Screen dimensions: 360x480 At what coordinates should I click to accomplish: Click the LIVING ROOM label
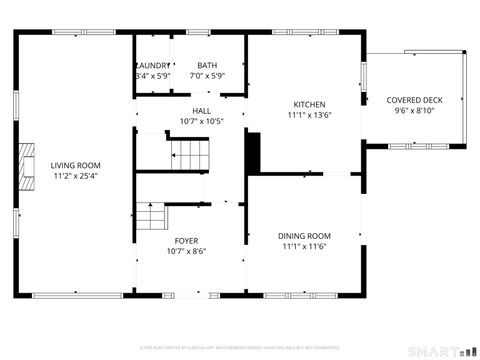75,165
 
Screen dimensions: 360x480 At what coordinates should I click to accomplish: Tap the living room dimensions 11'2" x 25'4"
75,176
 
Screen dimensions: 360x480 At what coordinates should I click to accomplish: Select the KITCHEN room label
309,104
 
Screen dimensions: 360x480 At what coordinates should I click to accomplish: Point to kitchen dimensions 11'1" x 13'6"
309,115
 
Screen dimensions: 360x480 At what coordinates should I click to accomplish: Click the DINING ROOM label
304,236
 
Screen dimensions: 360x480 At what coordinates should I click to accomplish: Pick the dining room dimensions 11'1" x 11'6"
304,247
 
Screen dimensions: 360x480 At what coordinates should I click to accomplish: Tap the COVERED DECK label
414,100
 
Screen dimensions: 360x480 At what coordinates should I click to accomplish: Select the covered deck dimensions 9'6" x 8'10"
414,111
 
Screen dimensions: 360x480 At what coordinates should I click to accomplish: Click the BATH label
207,65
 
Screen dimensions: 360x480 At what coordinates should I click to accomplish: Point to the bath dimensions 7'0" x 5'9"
207,76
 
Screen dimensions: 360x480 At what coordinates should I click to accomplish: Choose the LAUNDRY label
153,65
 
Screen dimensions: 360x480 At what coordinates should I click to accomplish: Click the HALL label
201,111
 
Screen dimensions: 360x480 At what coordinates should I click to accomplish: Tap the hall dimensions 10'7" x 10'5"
201,122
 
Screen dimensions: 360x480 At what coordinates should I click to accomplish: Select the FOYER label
186,241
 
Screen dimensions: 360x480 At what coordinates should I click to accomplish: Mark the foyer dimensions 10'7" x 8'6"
186,252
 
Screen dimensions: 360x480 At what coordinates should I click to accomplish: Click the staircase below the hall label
190,152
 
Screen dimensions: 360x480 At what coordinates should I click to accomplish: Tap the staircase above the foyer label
150,214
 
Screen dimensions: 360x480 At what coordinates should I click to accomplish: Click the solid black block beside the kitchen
253,152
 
